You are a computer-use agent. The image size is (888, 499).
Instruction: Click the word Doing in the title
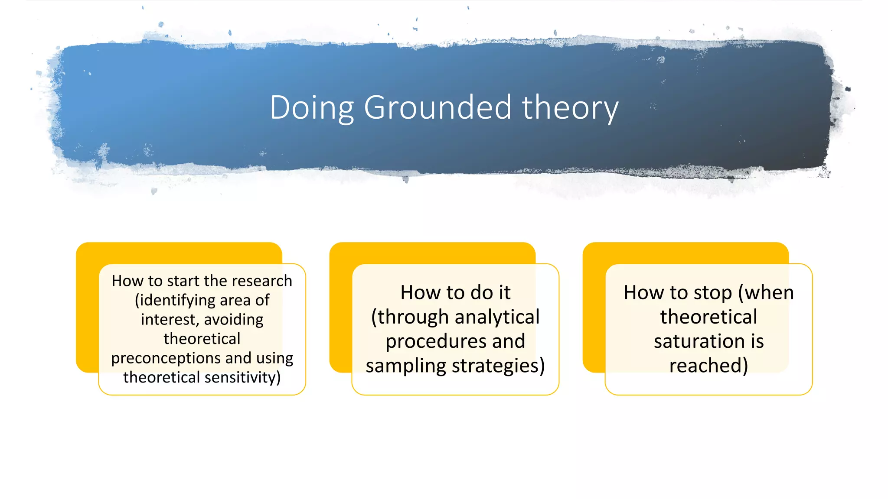312,107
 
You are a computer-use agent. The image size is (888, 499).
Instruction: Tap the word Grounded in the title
437,107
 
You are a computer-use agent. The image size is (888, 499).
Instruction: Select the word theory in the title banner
570,108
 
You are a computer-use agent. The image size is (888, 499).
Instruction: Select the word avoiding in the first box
234,319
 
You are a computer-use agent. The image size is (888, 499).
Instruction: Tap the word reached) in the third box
708,366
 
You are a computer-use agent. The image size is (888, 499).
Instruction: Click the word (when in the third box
766,293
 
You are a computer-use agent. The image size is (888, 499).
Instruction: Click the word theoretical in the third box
708,317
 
